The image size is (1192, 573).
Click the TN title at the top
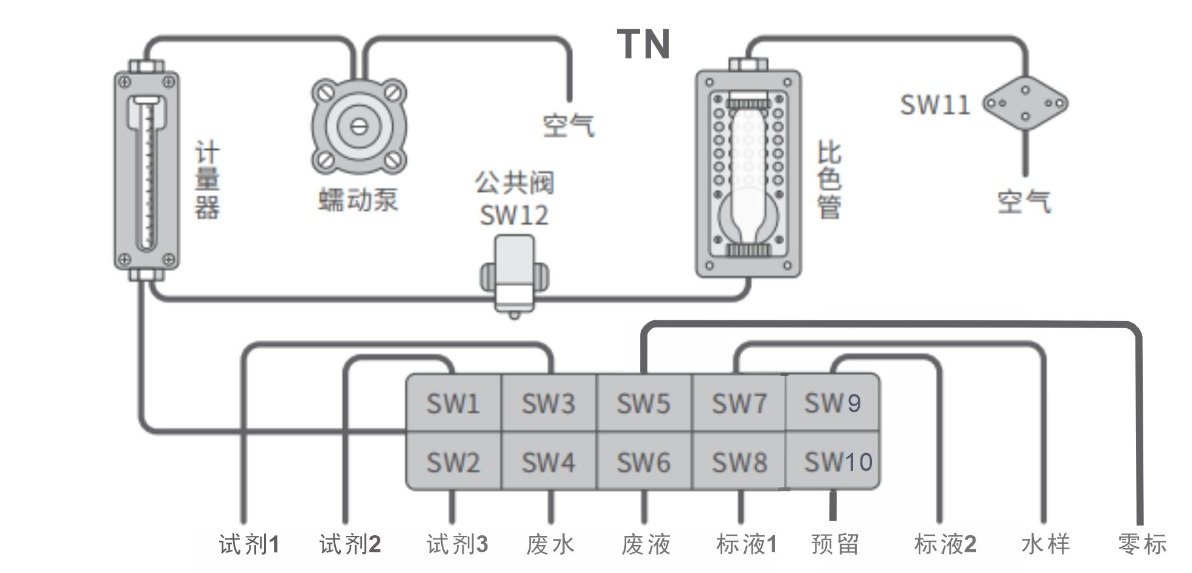coord(643,44)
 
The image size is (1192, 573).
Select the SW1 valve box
coord(453,403)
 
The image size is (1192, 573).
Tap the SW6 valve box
coord(643,462)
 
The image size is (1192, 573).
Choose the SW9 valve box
coord(832,403)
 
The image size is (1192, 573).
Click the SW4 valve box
coord(548,462)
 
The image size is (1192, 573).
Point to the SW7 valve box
coord(739,403)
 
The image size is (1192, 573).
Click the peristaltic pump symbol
coord(359,127)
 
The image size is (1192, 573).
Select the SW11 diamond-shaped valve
coord(1025,103)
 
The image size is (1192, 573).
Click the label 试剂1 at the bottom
coord(249,544)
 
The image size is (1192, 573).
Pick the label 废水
coord(550,544)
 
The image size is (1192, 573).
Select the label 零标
coord(1142,544)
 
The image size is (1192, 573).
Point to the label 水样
coord(1045,544)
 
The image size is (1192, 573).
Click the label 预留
coord(835,544)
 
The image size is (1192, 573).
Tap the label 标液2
coord(945,544)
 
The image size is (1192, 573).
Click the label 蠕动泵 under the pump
coord(358,200)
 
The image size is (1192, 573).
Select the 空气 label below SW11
coord(1023,202)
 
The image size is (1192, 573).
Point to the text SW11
coord(935,104)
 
